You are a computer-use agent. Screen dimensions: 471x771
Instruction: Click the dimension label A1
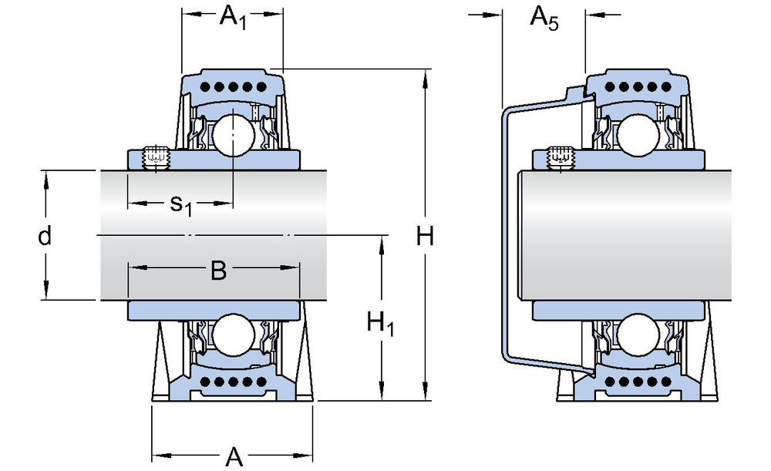click(233, 17)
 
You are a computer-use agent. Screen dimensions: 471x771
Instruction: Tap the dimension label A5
click(544, 18)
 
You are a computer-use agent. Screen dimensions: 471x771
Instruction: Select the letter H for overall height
click(425, 237)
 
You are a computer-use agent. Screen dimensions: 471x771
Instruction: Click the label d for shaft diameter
click(45, 237)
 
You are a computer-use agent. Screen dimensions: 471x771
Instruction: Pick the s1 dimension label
click(180, 204)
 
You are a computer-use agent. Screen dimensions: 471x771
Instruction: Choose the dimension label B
click(218, 271)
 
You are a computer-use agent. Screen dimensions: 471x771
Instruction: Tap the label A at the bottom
click(233, 456)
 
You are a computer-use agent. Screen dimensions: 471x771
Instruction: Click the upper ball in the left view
click(233, 132)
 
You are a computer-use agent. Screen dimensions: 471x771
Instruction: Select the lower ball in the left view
click(233, 336)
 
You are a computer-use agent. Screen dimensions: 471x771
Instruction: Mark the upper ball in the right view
click(638, 132)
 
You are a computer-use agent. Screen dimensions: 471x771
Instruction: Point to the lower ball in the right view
click(638, 336)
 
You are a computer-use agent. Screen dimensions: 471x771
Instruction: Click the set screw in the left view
click(157, 156)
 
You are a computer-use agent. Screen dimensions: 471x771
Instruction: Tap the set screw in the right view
click(561, 156)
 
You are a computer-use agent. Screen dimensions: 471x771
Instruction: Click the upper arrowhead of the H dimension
click(426, 76)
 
